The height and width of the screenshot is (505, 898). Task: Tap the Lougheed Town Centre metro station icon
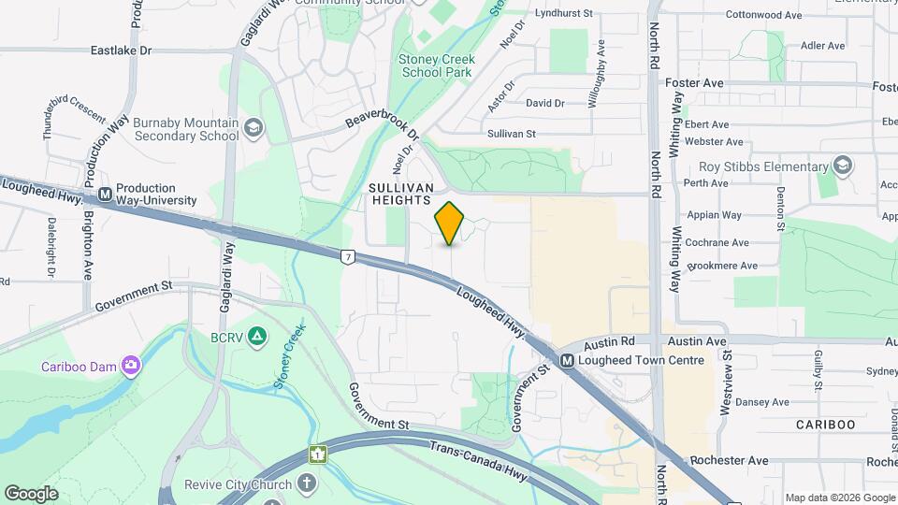point(567,361)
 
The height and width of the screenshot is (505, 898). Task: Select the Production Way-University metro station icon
point(105,195)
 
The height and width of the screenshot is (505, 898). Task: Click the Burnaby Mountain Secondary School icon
point(253,128)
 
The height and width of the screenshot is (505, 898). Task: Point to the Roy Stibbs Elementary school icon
point(843,166)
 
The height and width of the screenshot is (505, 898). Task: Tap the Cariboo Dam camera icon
point(131,366)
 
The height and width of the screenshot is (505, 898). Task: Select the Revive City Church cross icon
point(305,483)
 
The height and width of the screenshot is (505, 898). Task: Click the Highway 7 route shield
point(348,255)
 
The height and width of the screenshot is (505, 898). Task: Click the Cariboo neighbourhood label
point(825,425)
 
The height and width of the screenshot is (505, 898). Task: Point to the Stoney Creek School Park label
point(437,65)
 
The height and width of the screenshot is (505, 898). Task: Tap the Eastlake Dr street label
point(121,51)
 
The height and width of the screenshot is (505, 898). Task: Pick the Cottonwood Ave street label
point(764,16)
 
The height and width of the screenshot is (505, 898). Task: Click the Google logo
point(31,494)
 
